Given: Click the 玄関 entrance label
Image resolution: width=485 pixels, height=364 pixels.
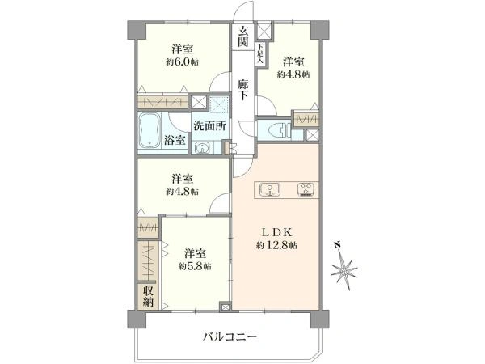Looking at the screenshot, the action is tap(243, 36).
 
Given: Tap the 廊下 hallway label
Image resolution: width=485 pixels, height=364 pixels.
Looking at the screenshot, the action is tap(243, 90).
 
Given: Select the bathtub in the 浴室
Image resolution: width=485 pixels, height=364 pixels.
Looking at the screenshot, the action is tap(150, 130).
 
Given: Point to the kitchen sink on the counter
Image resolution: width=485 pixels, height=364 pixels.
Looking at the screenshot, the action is tap(270, 189).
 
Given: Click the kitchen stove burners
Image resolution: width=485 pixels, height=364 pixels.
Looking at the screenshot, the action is tap(306, 189).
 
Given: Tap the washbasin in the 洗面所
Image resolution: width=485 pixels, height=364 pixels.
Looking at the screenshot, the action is tap(202, 148).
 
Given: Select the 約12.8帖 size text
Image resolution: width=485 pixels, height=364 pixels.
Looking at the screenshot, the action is tap(276, 245).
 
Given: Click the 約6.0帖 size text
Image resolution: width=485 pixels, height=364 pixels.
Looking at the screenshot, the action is tap(182, 62).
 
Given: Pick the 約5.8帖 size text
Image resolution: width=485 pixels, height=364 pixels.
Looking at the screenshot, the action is tap(195, 266).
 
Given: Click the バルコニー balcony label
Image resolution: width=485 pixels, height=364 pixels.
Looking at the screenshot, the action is tap(230, 336).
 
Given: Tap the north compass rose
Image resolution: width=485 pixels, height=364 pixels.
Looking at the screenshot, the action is tap(344, 270).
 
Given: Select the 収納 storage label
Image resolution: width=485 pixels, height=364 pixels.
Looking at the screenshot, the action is tap(148, 296).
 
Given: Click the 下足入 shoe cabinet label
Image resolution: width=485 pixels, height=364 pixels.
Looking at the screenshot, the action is tap(260, 53).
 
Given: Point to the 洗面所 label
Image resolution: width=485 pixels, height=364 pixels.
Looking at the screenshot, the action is tap(209, 126).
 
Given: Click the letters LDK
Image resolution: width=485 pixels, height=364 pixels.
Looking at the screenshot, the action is tap(277, 232).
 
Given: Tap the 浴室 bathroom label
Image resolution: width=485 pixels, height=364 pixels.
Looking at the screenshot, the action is tap(175, 140).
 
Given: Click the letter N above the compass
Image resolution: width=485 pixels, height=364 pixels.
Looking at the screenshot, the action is tap(337, 244).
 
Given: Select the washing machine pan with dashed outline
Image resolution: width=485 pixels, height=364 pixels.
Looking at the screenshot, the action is tap(219, 104).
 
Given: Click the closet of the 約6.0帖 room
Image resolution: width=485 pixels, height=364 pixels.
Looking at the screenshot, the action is tap(162, 102).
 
